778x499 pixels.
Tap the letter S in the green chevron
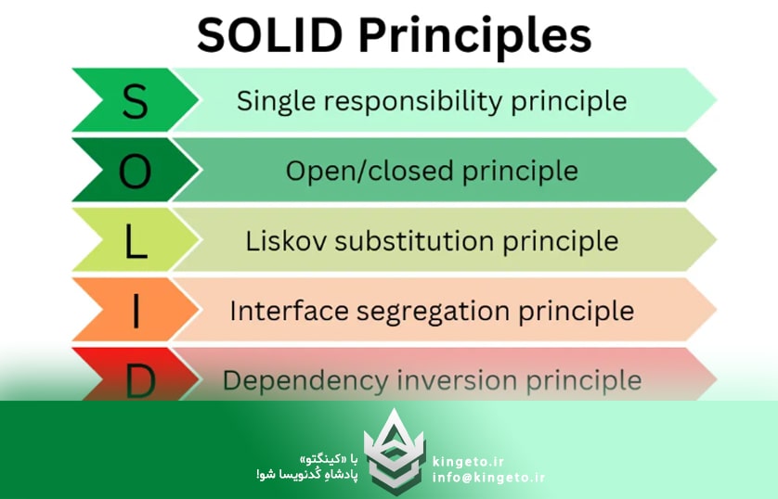click(135, 101)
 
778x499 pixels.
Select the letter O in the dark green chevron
click(135, 171)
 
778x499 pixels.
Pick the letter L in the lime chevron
click(136, 241)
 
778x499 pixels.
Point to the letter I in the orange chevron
click(136, 311)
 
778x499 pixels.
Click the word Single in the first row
click(269, 101)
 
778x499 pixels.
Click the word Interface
click(284, 311)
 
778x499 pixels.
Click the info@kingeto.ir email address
click(488, 478)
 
